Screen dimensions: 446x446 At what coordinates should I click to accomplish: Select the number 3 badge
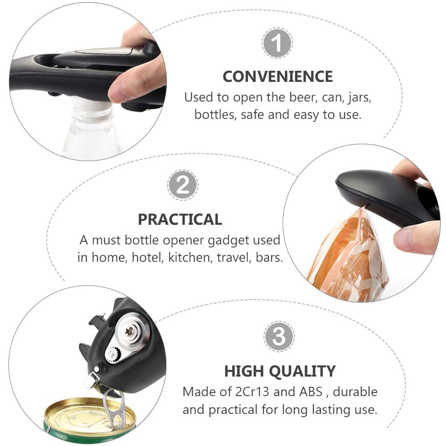[x=279, y=337]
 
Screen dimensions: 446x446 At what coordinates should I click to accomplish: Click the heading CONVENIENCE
[x=278, y=77]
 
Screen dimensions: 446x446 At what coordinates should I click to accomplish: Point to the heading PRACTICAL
[x=180, y=219]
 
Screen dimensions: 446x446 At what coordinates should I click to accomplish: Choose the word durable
[x=355, y=392]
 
